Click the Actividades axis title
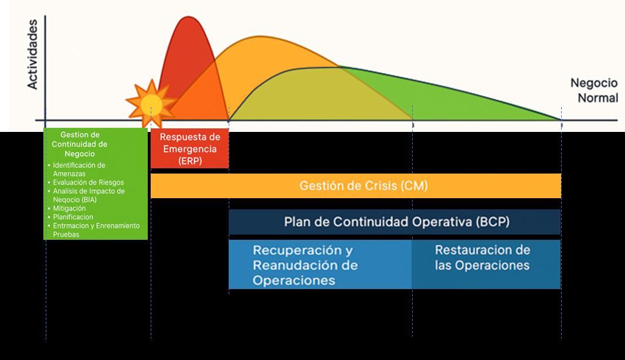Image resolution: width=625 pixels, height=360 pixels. tap(32, 54)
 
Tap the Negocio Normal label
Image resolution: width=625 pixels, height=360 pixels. tap(594, 91)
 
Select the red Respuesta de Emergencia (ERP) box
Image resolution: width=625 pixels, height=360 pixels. tap(189, 149)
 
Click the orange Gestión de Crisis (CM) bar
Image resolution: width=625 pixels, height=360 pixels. tap(355, 186)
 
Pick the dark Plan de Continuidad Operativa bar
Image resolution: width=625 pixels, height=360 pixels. tap(394, 222)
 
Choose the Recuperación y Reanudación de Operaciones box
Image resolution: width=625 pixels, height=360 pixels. tap(320, 264)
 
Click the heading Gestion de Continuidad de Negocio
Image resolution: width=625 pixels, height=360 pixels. tap(80, 144)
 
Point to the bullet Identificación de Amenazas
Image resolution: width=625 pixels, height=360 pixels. tap(79, 169)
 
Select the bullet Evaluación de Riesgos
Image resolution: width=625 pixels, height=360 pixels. tap(88, 182)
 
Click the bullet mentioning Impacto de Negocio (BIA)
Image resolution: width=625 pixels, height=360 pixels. tap(89, 195)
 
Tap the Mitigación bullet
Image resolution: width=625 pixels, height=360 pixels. tap(69, 208)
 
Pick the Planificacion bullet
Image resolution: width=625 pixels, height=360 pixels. tap(73, 217)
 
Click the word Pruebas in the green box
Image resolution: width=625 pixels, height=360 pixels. tap(66, 235)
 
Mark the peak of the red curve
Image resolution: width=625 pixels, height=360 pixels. tap(189, 17)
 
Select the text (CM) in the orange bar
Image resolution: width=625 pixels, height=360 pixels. tap(414, 186)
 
